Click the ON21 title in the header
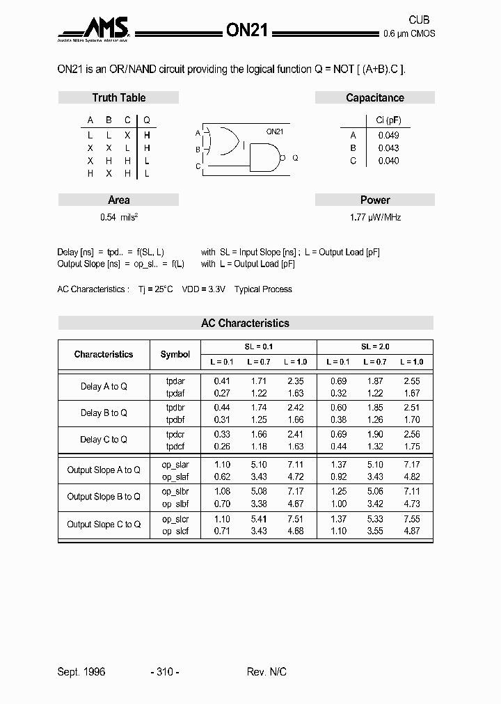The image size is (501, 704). pyautogui.click(x=248, y=29)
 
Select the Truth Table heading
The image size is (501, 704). pyautogui.click(x=118, y=98)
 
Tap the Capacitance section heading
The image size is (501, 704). pyautogui.click(x=374, y=98)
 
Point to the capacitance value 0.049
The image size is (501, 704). pyautogui.click(x=388, y=136)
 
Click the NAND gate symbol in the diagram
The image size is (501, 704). pyautogui.click(x=264, y=158)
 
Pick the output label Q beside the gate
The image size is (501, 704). pyautogui.click(x=295, y=158)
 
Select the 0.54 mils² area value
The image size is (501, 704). pyautogui.click(x=119, y=217)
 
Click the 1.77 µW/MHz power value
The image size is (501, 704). pyautogui.click(x=375, y=217)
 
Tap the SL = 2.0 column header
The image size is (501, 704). pyautogui.click(x=375, y=346)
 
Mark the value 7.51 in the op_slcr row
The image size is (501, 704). pyautogui.click(x=296, y=519)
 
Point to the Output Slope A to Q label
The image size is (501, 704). pyautogui.click(x=104, y=470)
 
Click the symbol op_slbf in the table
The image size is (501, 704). pyautogui.click(x=175, y=504)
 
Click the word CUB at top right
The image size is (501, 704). pyautogui.click(x=418, y=20)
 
